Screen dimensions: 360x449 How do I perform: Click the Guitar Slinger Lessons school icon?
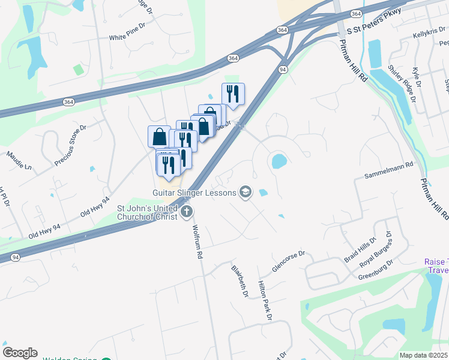click(x=245, y=192)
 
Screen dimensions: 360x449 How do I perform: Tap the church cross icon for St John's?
click(x=187, y=211)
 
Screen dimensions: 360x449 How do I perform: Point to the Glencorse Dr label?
click(x=289, y=262)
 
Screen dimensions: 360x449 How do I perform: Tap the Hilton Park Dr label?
click(x=265, y=300)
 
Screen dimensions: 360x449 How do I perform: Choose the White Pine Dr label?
click(x=127, y=37)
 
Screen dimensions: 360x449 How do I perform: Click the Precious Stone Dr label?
click(x=71, y=145)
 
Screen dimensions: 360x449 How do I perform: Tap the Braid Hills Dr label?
click(x=359, y=250)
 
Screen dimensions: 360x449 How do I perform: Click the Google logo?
click(x=19, y=353)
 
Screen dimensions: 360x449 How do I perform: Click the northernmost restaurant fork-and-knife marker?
click(x=233, y=94)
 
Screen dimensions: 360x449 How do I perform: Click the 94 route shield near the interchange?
click(x=283, y=70)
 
